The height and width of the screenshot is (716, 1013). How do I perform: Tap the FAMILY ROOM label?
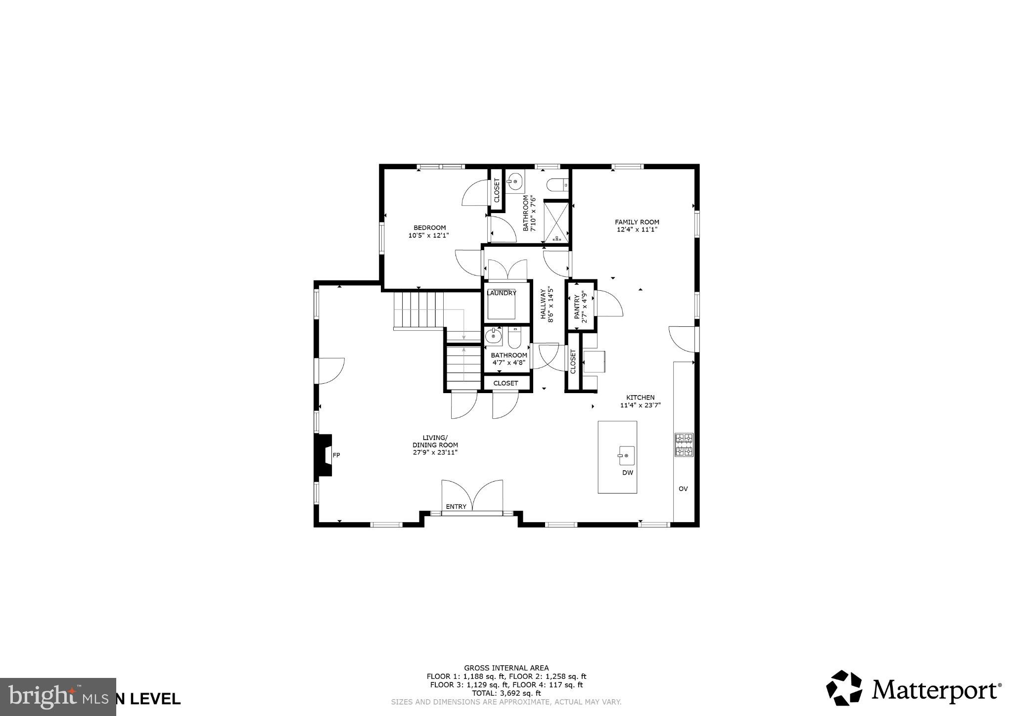pyautogui.click(x=637, y=222)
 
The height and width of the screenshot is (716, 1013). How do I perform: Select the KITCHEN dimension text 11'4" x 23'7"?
pyautogui.click(x=640, y=405)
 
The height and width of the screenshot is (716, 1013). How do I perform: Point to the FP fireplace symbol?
pyautogui.click(x=324, y=455)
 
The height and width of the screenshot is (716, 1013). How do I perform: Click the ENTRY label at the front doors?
pyautogui.click(x=456, y=506)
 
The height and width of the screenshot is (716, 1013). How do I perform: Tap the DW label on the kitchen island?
pyautogui.click(x=627, y=473)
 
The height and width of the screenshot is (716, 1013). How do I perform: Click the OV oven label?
pyautogui.click(x=683, y=489)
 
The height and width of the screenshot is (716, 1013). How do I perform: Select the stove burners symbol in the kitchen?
pyautogui.click(x=684, y=445)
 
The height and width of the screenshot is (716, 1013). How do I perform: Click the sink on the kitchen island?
pyautogui.click(x=626, y=455)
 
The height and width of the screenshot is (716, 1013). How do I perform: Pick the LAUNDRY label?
pyautogui.click(x=502, y=293)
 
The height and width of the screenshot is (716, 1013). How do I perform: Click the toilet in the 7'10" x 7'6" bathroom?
pyautogui.click(x=557, y=185)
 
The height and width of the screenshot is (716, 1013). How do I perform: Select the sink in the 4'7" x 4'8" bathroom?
pyautogui.click(x=493, y=337)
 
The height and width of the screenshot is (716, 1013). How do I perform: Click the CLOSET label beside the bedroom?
pyautogui.click(x=497, y=190)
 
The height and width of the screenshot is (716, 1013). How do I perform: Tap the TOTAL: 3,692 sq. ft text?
pyautogui.click(x=506, y=693)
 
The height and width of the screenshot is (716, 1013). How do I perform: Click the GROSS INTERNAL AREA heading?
pyautogui.click(x=506, y=668)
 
